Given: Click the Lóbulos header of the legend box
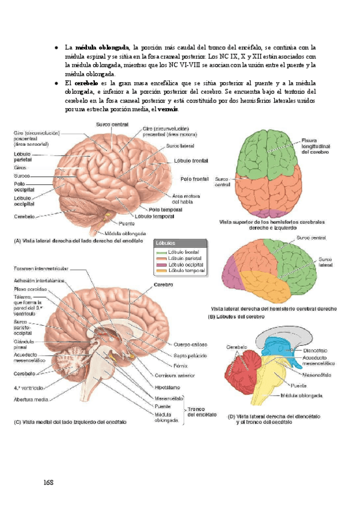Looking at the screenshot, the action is point(166,244).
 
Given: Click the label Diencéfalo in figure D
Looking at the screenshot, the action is point(316,351).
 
